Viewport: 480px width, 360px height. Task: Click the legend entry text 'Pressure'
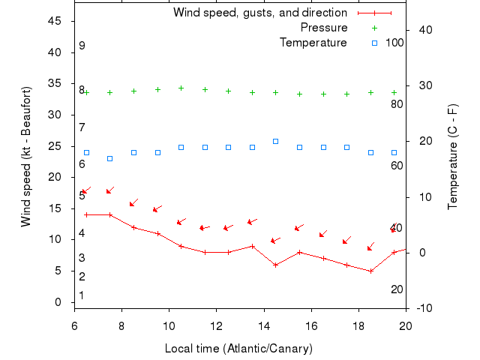tap(324, 28)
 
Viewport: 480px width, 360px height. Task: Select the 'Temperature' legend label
tap(313, 43)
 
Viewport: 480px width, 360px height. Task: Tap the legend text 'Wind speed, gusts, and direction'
tap(259, 13)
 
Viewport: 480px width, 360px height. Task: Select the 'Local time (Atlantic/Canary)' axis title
tap(238, 349)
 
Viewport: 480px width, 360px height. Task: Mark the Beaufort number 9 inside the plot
tap(82, 46)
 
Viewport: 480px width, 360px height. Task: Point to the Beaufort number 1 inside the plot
tap(82, 295)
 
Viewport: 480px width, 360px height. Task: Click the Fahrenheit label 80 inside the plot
tap(397, 103)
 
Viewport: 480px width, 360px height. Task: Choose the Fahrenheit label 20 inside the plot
tap(397, 289)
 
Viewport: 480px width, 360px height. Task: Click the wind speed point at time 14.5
tap(276, 265)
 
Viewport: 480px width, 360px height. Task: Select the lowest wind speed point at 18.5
tap(370, 271)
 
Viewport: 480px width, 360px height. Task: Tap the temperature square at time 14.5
tap(276, 141)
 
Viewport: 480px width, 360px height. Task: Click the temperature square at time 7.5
tap(110, 158)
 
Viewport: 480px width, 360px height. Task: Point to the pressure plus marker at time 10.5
tap(181, 88)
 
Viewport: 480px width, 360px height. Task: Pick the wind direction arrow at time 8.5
tap(133, 202)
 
